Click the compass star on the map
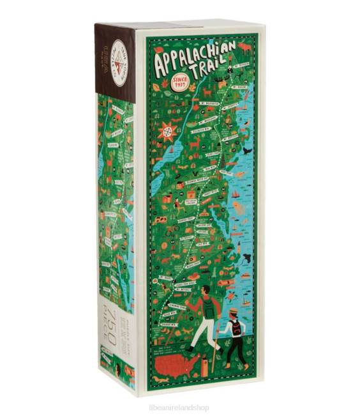[x=168, y=129]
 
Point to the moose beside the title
[x=243, y=48]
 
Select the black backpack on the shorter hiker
[x=237, y=328]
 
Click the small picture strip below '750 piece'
[x=122, y=371]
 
